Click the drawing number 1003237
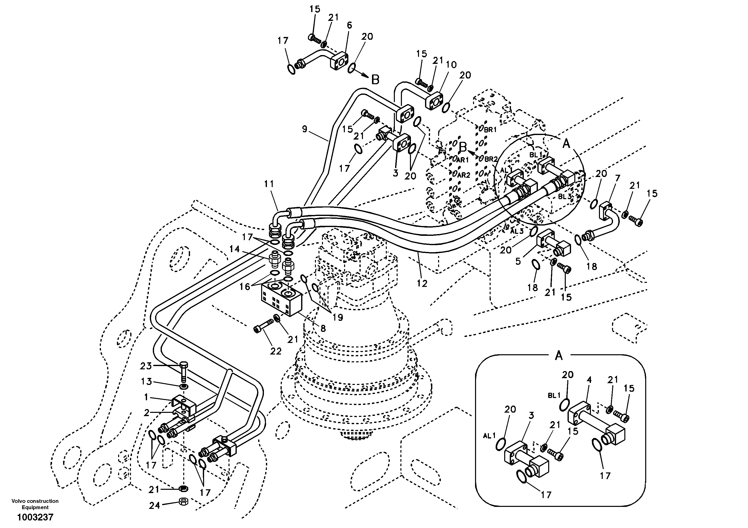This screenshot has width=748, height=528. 35,517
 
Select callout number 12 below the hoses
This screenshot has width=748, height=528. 422,284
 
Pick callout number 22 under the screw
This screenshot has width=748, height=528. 276,351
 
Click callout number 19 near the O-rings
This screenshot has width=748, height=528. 338,317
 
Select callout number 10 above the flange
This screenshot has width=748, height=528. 451,65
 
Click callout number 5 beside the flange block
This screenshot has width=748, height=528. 518,261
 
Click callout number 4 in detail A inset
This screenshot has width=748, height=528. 589,380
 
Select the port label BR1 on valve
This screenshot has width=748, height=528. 490,129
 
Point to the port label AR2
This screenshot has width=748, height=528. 463,175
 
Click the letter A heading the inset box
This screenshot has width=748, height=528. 559,356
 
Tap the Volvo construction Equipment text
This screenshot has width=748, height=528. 35,504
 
